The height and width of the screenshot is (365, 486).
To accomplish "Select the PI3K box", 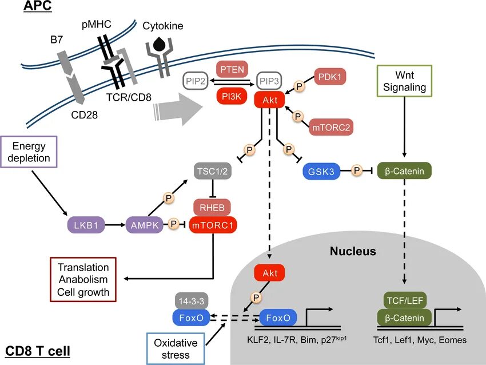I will coord(232,96).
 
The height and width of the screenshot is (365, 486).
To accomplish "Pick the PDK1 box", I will coord(331,76).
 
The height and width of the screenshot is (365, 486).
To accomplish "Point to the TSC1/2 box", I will coord(212,170).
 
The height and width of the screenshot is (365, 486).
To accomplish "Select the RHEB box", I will coord(212,207).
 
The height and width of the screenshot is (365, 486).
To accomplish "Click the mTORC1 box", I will coord(212,225).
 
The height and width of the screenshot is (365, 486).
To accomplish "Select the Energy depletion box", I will coord(29,152).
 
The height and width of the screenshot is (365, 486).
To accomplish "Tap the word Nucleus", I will coord(353,251).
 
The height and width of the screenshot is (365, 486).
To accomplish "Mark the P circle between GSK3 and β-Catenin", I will coord(357,170).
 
